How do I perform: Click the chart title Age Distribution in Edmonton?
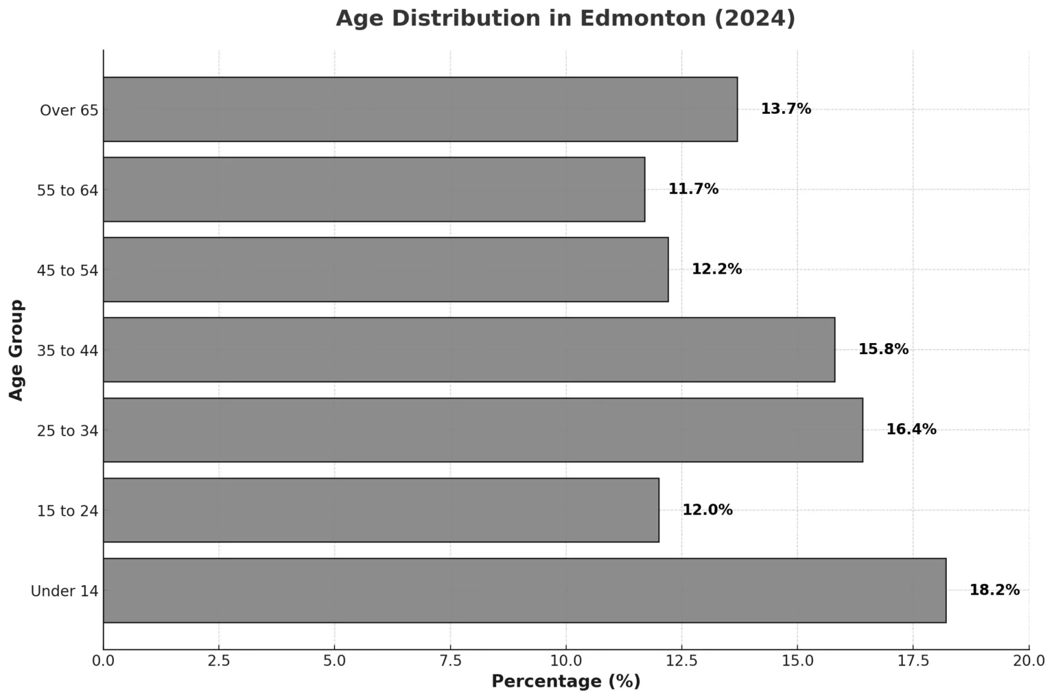pos(565,19)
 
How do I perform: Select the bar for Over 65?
pos(420,109)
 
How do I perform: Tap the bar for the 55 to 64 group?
pos(374,189)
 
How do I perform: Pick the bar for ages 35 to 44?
pos(469,349)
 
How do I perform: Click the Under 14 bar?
pos(524,591)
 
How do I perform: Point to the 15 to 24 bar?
pos(381,510)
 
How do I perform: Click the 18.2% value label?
pos(994,590)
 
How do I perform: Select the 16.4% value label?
pos(911,429)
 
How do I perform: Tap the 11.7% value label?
pos(693,189)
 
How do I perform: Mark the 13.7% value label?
pos(786,108)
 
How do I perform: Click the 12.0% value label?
pos(707,510)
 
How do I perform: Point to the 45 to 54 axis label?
pos(67,270)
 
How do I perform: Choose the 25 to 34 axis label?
pos(67,431)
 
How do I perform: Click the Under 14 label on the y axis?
pos(65,591)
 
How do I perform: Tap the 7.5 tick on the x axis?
pos(450,661)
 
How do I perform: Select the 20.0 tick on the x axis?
pos(1029,661)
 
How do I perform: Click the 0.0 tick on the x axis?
pos(104,661)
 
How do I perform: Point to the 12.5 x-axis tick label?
pos(681,661)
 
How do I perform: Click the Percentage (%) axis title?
pos(565,681)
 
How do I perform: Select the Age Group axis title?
pos(16,350)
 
